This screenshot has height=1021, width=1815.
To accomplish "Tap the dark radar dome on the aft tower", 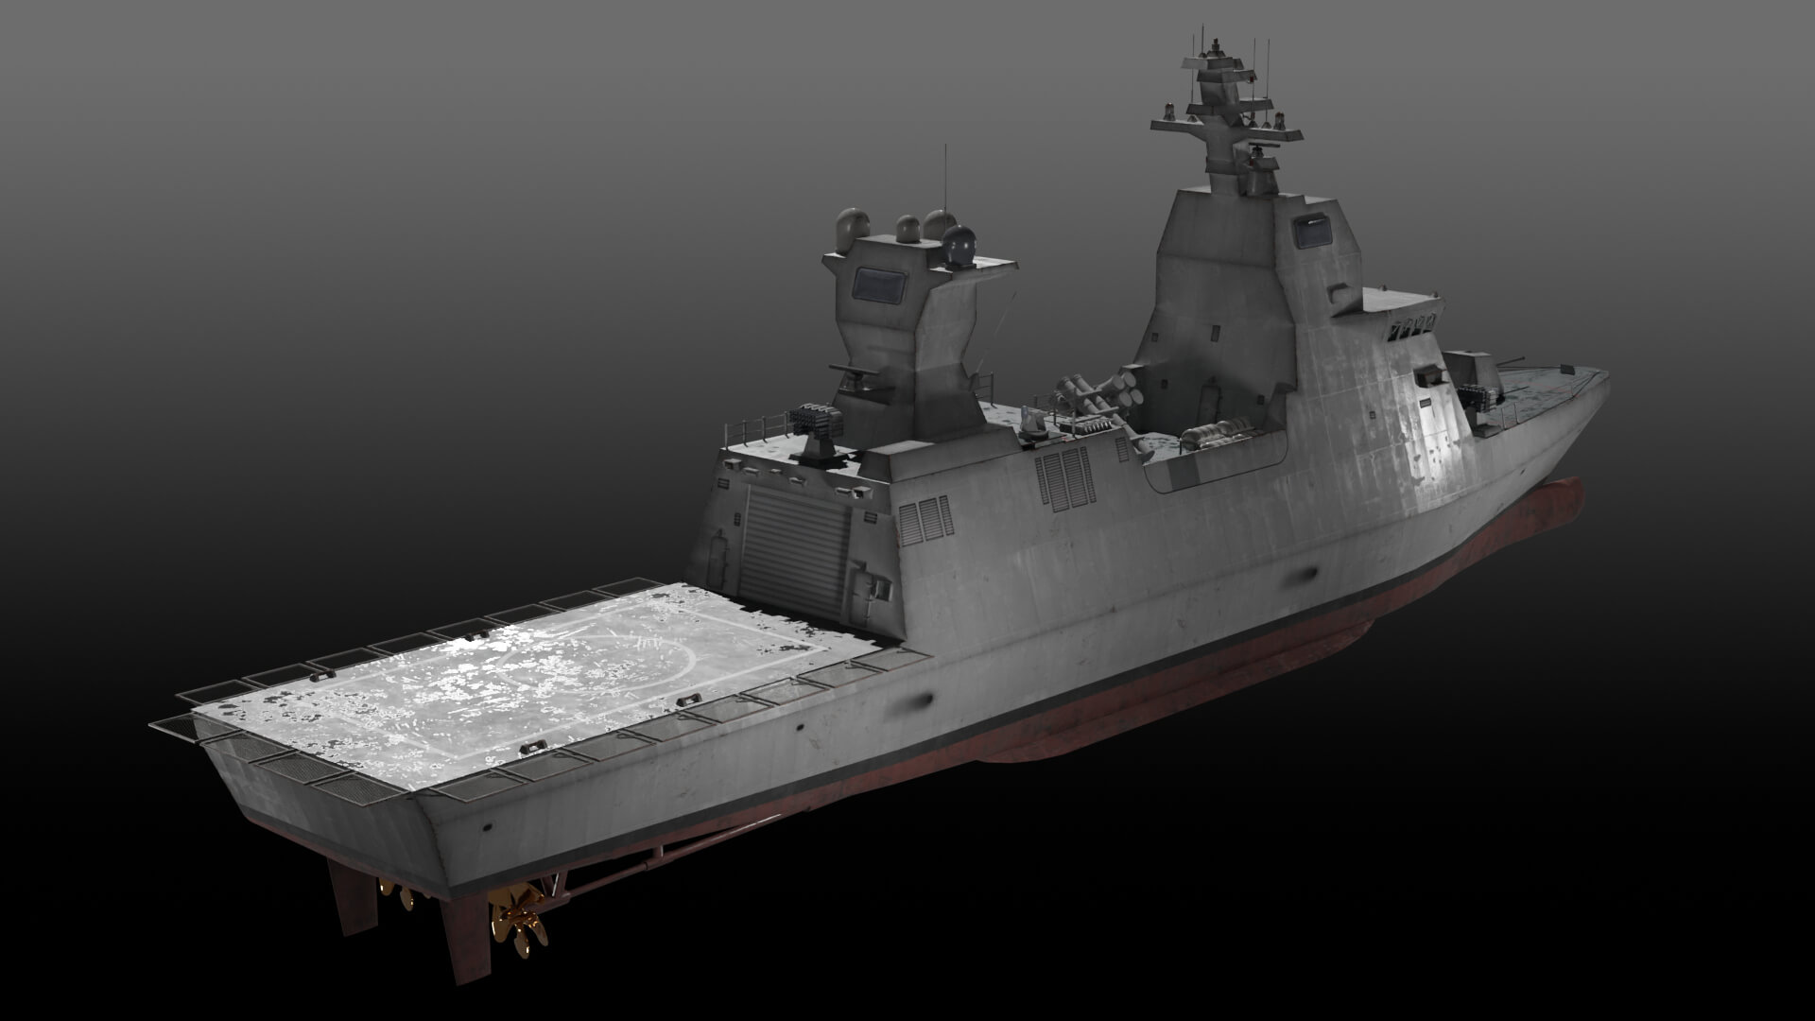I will pos(962,245).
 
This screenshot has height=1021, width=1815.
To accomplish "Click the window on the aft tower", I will pos(880,283).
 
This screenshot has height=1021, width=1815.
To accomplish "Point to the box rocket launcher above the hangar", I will pos(815,421).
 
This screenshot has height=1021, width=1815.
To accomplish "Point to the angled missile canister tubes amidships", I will pos(1097,391).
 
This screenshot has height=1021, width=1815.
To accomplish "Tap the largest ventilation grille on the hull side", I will pos(1065,476).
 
